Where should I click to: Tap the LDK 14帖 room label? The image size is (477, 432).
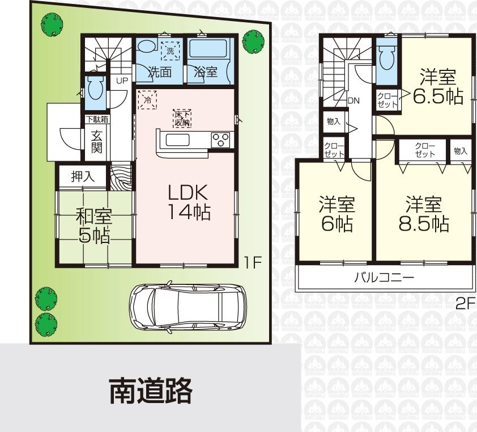click(x=189, y=202)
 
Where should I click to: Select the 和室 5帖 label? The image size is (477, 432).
click(x=95, y=225)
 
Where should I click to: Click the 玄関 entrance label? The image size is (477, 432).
click(x=96, y=142)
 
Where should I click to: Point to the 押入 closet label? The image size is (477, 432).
click(x=83, y=177)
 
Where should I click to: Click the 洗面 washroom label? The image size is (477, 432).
click(x=159, y=72)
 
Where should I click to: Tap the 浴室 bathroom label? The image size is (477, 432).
click(x=205, y=72)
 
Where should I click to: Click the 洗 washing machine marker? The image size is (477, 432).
click(x=170, y=51)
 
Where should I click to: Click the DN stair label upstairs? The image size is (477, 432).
click(x=354, y=101)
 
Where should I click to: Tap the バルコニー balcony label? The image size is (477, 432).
click(x=384, y=278)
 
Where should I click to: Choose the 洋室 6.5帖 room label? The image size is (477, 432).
click(x=437, y=86)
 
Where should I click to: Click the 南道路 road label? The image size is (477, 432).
click(x=151, y=392)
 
